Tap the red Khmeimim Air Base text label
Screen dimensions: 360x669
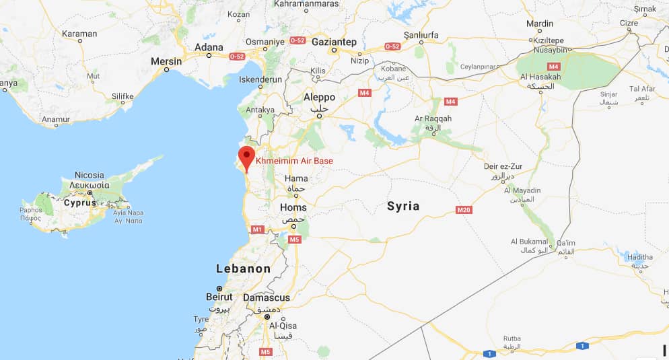click(x=295, y=161)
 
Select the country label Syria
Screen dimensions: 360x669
click(x=403, y=206)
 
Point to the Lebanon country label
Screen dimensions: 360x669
click(x=243, y=268)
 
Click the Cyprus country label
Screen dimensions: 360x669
click(x=79, y=202)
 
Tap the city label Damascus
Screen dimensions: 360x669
click(x=267, y=297)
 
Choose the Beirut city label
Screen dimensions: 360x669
click(x=219, y=297)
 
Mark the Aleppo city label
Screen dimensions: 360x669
click(x=319, y=97)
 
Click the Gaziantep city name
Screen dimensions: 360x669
click(x=334, y=42)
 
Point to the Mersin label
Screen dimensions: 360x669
click(x=166, y=61)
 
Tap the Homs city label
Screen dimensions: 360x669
click(x=293, y=207)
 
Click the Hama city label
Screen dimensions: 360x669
click(x=296, y=178)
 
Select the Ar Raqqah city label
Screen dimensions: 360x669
click(x=433, y=118)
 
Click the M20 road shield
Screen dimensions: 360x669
click(x=464, y=211)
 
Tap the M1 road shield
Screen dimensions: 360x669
click(x=256, y=229)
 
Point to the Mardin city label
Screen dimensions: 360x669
click(x=540, y=23)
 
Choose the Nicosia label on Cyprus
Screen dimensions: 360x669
click(x=89, y=175)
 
